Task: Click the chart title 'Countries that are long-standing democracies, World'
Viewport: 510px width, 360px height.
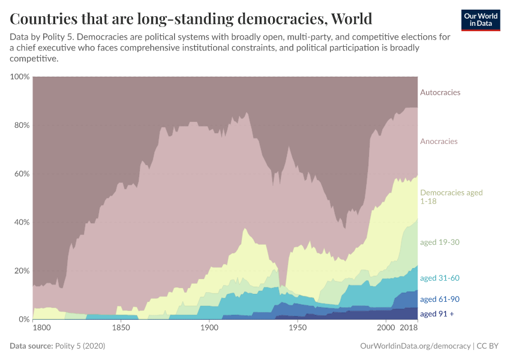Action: [x=191, y=18]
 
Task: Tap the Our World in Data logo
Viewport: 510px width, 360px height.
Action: [x=481, y=20]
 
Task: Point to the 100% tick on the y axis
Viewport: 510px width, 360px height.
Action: [x=19, y=77]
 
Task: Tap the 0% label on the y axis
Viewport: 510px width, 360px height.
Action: [x=23, y=319]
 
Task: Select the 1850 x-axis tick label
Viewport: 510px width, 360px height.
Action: [x=121, y=329]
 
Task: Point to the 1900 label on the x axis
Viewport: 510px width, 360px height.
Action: [x=209, y=329]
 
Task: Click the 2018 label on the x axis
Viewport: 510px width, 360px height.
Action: [x=409, y=329]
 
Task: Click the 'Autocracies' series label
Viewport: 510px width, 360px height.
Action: [x=440, y=92]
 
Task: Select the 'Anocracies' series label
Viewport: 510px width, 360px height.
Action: [x=439, y=142]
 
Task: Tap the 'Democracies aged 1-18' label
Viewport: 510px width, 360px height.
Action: [x=451, y=197]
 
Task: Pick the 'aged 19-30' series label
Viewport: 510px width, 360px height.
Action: [x=439, y=242]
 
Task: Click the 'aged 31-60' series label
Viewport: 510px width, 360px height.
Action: [x=439, y=278]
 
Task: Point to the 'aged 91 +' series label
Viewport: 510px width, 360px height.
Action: [x=437, y=314]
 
